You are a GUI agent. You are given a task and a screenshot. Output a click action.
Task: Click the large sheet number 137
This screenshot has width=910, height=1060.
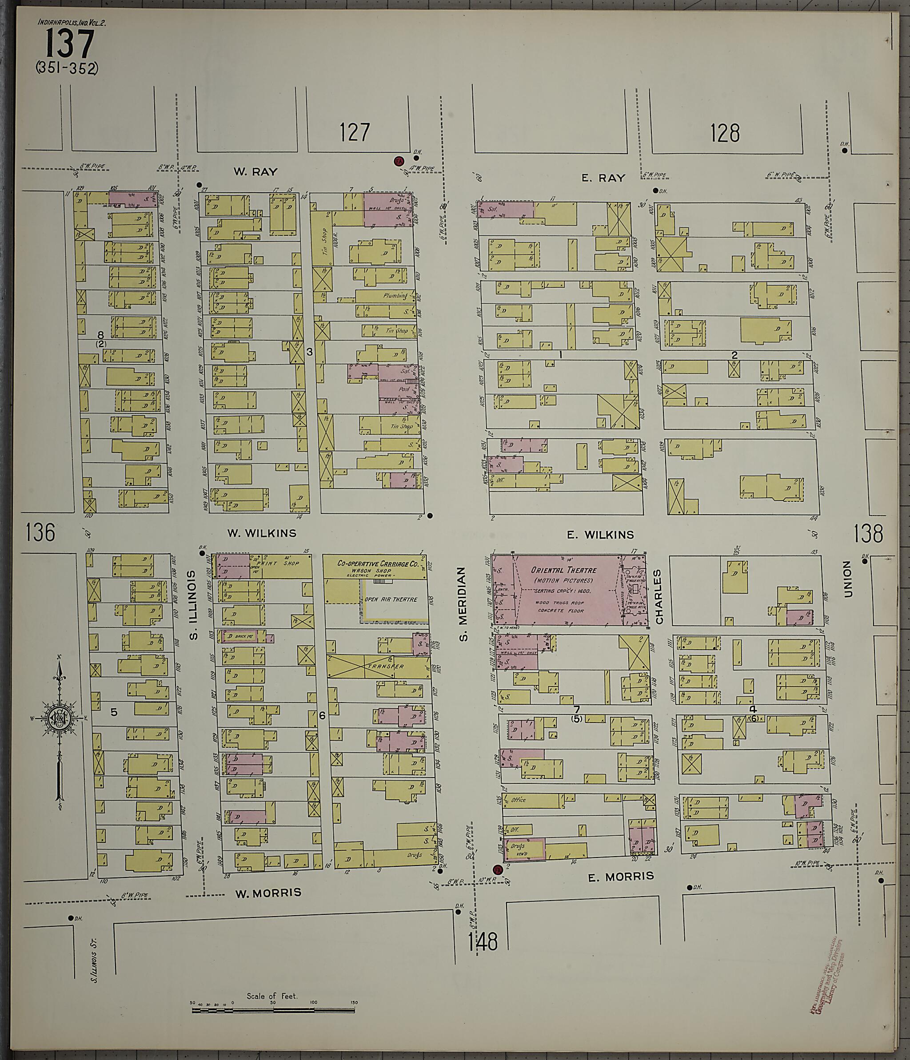coord(70,44)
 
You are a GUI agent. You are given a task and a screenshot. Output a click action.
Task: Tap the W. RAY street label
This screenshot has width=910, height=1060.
coord(255,171)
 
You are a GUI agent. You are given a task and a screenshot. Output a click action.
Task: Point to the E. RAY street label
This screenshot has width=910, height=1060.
coord(603,178)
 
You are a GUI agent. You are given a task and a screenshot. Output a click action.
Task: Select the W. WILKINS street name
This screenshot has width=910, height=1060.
coord(262,533)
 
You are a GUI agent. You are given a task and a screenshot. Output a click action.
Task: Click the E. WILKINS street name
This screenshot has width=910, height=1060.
coord(600,535)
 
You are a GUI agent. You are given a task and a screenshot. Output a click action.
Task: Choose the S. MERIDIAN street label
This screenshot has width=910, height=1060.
coord(463,603)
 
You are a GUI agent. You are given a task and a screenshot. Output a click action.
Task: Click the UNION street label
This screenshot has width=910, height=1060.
coord(847,579)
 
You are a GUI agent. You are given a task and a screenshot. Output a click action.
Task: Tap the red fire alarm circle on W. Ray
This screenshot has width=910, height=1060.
coord(398,161)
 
